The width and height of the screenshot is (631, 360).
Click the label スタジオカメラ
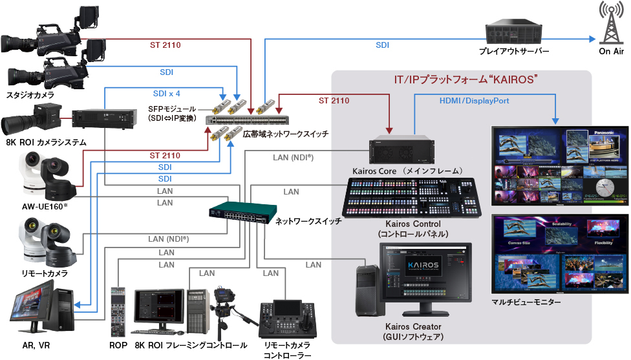click(x=30, y=95)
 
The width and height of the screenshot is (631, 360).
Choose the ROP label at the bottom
click(x=118, y=346)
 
